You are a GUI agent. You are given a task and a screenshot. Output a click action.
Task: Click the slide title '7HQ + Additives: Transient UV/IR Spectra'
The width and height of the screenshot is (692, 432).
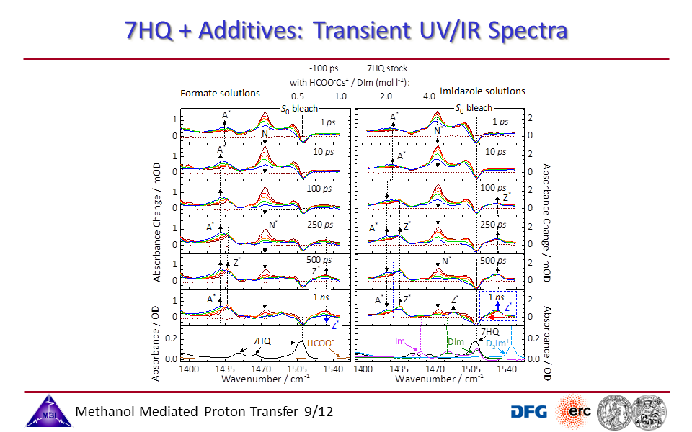346,30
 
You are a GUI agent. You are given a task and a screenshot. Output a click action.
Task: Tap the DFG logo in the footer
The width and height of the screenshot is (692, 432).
528,411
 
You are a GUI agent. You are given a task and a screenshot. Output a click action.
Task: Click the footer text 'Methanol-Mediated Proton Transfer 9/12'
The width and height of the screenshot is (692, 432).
205,412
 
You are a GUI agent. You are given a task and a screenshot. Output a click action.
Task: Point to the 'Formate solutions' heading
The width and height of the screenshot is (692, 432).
220,93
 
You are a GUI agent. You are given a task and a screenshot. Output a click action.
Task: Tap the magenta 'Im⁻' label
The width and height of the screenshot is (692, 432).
402,340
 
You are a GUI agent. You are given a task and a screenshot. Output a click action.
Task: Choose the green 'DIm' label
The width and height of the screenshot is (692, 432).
455,341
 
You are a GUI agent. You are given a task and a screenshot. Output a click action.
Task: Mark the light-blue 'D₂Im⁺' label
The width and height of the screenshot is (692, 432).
498,345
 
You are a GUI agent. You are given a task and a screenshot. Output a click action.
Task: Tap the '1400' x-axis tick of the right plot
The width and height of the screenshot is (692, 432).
363,368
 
